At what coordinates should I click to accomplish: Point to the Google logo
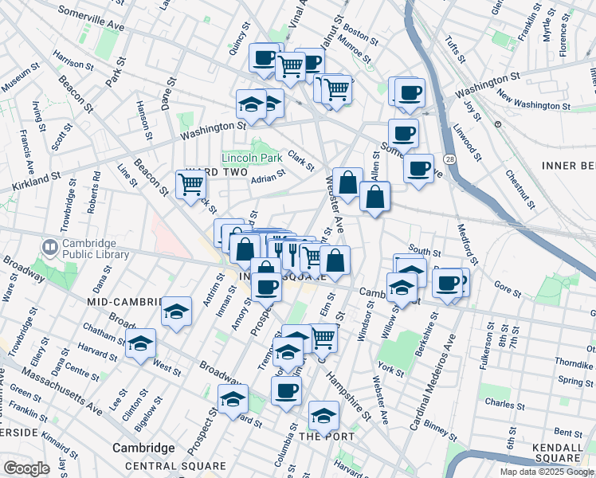click(26, 468)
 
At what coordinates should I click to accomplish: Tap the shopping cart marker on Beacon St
click(190, 185)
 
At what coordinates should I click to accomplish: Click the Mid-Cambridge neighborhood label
click(120, 302)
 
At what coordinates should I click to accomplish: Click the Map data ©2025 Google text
click(547, 472)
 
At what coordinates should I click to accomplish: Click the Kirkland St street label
click(37, 185)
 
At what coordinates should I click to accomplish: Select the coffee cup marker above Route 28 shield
click(418, 168)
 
